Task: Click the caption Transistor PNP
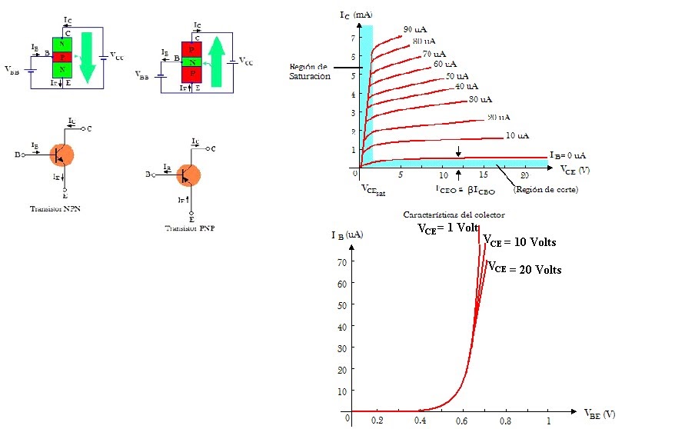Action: point(189,228)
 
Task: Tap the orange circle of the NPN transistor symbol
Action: point(62,154)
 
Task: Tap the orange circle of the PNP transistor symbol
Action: point(188,175)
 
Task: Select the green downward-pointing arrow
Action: point(88,57)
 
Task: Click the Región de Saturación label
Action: point(310,71)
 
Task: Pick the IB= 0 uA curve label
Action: point(567,155)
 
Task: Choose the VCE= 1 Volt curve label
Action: point(447,228)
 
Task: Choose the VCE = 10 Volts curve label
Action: point(519,242)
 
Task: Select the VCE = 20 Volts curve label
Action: point(524,269)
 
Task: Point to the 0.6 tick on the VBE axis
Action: point(461,421)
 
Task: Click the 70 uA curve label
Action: point(434,54)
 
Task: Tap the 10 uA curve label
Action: point(517,136)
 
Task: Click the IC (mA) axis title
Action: point(356,15)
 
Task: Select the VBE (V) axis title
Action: point(599,414)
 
